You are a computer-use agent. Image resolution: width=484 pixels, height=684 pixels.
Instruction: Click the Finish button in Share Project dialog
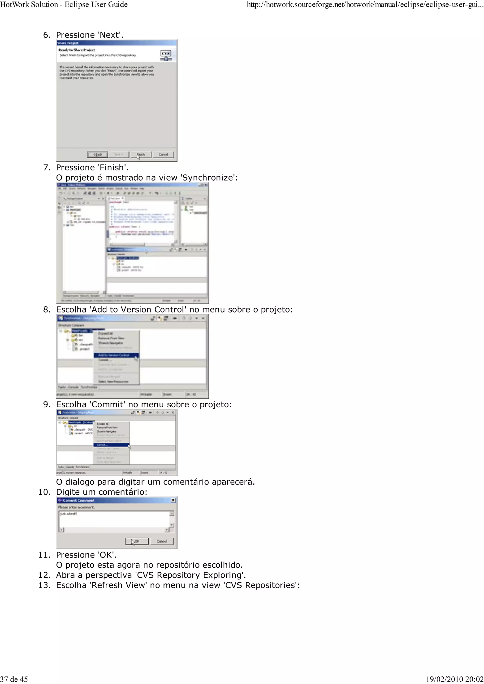coord(140,155)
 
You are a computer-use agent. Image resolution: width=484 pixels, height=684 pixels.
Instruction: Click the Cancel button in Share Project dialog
coord(163,155)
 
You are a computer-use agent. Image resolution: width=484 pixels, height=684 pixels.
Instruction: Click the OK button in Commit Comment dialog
coord(137,541)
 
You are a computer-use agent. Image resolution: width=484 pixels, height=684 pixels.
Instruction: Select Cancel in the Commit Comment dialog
coord(162,541)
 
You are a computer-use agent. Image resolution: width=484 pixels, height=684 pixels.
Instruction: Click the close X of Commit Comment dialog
coord(173,500)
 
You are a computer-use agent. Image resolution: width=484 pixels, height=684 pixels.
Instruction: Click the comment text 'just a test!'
coord(69,514)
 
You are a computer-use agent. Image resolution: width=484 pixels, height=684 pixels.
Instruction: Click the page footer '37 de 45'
coord(14,679)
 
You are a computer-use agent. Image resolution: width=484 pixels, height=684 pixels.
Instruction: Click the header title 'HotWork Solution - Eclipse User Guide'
coord(64,4)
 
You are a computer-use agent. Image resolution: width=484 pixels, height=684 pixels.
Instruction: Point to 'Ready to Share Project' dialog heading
coord(77,50)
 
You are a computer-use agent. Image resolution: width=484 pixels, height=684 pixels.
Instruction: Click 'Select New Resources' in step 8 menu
coord(113,382)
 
